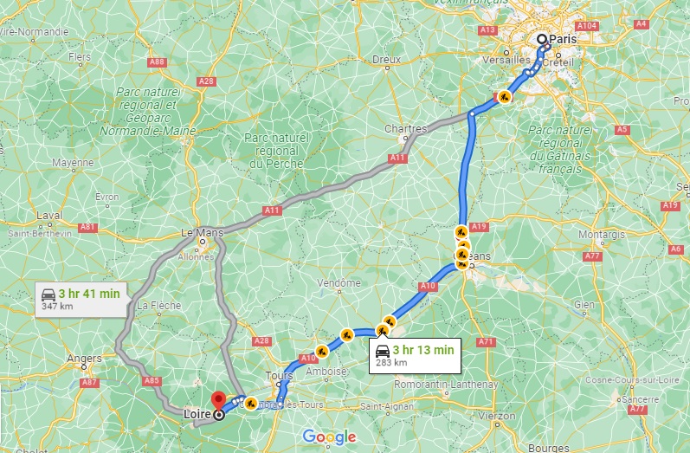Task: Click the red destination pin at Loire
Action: click(x=220, y=399)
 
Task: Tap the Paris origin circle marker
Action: click(x=542, y=39)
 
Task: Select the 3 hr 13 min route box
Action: click(x=413, y=354)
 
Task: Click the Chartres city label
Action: click(x=405, y=128)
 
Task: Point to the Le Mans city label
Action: click(x=201, y=233)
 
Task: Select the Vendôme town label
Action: click(x=339, y=283)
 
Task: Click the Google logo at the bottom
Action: click(x=329, y=437)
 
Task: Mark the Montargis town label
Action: click(x=598, y=235)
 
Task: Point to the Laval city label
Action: click(x=49, y=217)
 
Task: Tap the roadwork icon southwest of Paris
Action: click(x=503, y=97)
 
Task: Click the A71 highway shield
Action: click(x=486, y=342)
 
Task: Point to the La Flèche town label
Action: click(x=153, y=305)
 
